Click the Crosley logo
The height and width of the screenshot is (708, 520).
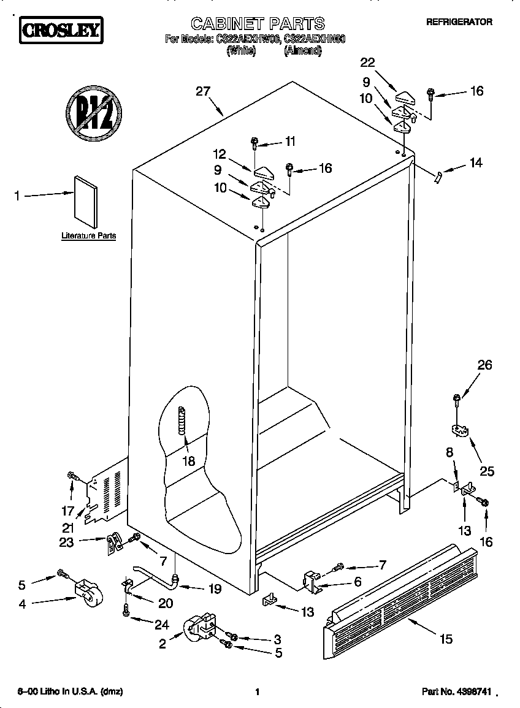[x=60, y=30]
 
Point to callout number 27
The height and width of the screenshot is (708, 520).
[x=202, y=91]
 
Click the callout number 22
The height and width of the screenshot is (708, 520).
[x=367, y=62]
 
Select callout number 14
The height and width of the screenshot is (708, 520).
[x=475, y=163]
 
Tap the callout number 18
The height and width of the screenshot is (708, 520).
[x=189, y=461]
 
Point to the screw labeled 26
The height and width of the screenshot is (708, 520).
[x=457, y=400]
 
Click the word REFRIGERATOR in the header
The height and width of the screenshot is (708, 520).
[x=459, y=21]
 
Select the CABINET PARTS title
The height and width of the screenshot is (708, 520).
[x=258, y=24]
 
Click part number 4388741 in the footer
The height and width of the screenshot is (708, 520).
[x=456, y=691]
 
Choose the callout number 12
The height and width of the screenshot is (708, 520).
[x=220, y=154]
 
